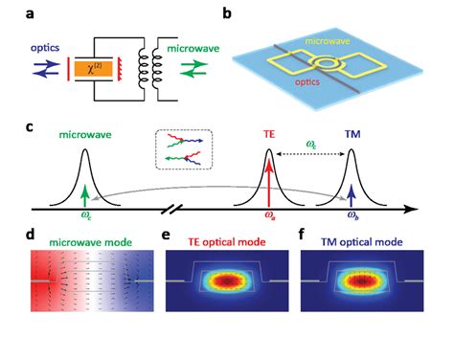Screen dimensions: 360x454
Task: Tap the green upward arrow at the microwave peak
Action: coord(85,194)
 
